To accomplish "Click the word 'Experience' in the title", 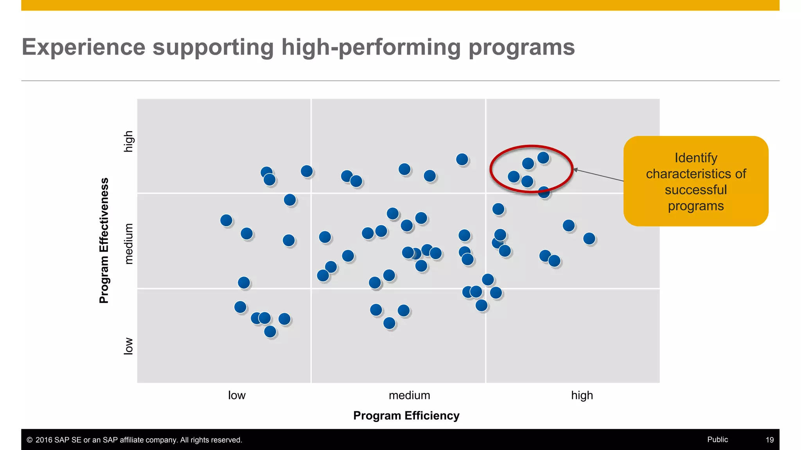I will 83,47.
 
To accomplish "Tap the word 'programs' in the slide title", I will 521,47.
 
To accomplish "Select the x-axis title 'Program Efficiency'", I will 406,416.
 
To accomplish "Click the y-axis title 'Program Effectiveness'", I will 104,241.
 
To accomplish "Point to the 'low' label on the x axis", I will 237,395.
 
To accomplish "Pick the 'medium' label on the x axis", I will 409,395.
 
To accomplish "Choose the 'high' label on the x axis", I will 582,395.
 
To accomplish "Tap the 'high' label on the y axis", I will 128,141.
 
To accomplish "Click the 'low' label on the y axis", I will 128,346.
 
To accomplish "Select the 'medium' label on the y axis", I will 128,244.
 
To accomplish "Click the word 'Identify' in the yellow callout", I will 696,158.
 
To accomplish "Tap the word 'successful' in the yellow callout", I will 696,190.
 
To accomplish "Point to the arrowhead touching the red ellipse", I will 575,170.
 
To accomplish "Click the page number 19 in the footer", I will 769,440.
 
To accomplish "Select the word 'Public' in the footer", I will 717,439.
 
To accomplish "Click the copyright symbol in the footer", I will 29,440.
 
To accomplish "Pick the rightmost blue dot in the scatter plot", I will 589,238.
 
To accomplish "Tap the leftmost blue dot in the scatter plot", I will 226,220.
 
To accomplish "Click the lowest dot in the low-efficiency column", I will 270,332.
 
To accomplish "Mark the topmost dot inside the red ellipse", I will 543,158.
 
